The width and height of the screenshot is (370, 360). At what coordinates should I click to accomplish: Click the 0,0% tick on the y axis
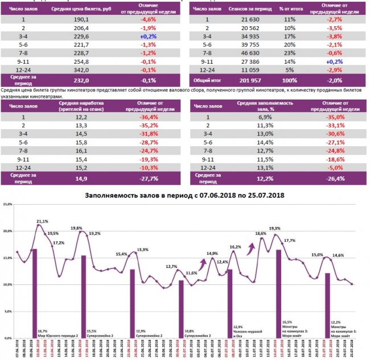click(8, 338)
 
